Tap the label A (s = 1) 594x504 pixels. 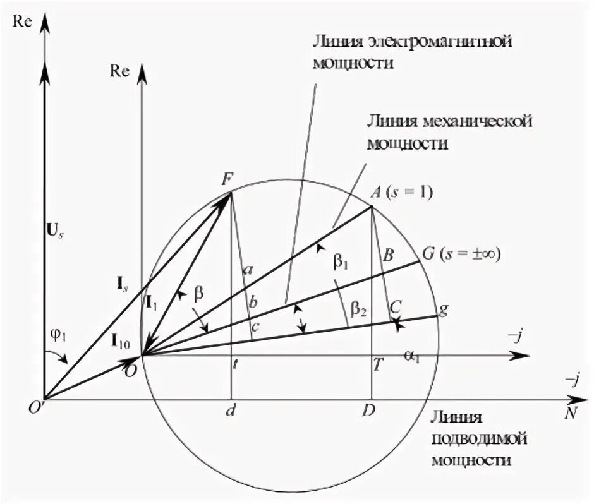click(401, 194)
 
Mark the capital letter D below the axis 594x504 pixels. click(370, 411)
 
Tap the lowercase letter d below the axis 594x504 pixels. click(230, 411)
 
